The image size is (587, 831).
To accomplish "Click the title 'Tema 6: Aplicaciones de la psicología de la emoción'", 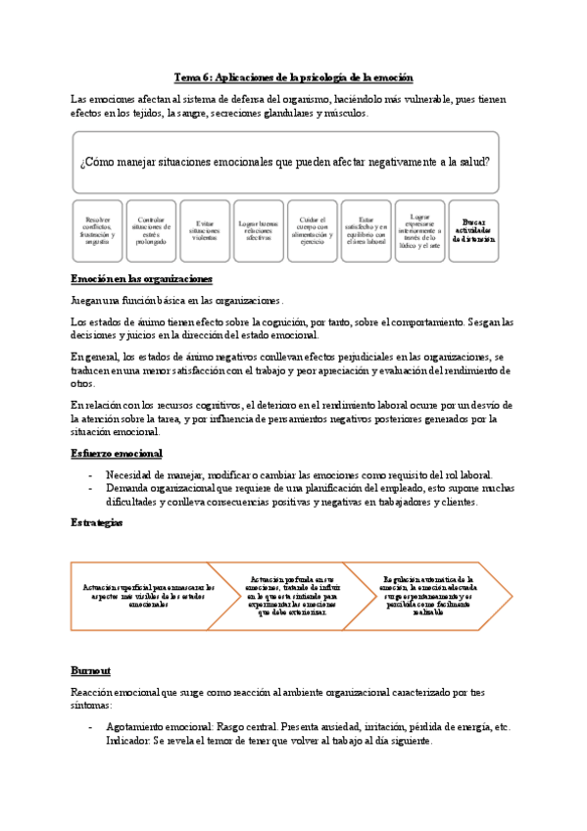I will [293, 77].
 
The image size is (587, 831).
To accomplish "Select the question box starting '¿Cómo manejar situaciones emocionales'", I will [285, 162].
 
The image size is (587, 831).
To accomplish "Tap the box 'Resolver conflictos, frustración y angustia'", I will [99, 230].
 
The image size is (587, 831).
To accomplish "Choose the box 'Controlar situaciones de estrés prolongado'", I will [152, 230].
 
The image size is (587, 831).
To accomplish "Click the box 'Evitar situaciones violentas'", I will [206, 230].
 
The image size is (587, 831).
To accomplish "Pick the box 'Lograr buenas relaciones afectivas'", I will [259, 230].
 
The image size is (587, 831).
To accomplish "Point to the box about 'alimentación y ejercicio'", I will [312, 230].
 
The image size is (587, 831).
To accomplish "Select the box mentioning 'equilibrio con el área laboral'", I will [366, 230].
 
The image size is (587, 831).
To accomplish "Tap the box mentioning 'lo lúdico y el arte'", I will [419, 230].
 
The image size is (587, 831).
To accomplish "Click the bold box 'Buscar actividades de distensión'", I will [473, 230].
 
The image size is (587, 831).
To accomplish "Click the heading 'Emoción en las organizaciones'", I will [141, 279].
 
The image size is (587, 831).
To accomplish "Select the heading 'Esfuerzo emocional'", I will [117, 454].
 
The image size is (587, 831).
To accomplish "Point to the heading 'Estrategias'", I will [97, 523].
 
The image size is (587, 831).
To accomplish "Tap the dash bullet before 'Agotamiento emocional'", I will [91, 727].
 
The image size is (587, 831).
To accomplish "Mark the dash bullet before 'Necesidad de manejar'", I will [91, 474].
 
